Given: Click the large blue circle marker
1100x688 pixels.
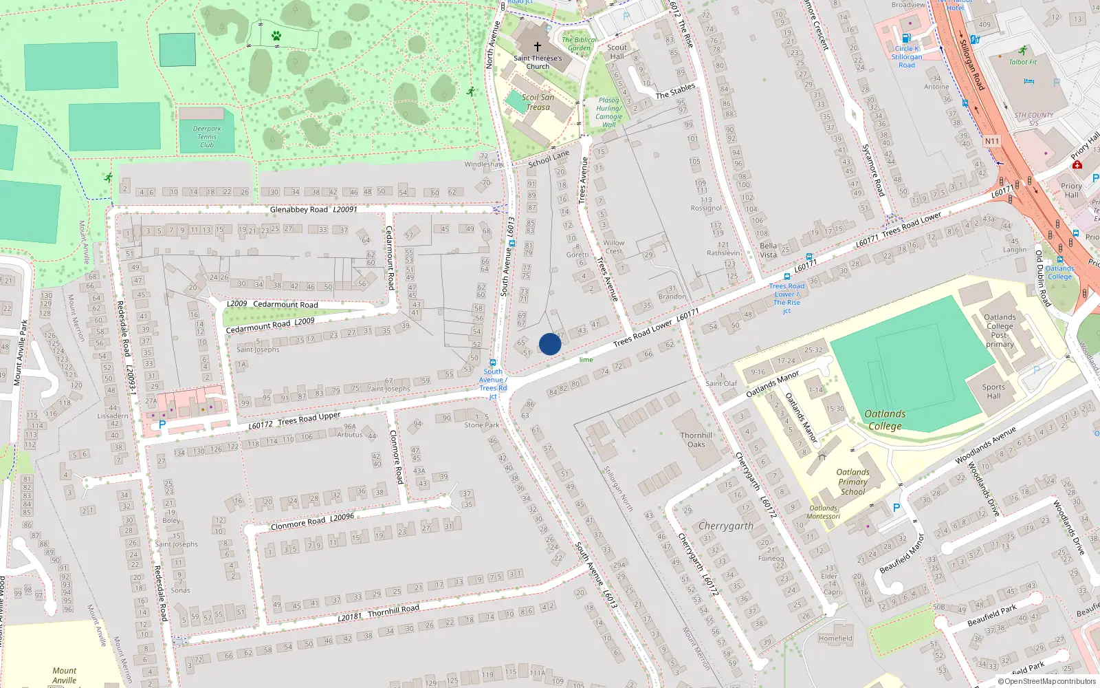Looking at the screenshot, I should (550, 344).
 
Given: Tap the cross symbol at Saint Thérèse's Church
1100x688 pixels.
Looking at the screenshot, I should (538, 47).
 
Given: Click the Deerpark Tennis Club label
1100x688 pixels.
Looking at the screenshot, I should (207, 137).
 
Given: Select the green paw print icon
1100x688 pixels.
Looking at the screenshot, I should (276, 36).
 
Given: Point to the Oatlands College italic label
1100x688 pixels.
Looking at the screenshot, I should (885, 420).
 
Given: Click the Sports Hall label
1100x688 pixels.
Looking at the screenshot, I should (993, 391).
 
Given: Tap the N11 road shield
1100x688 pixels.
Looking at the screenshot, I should (991, 142).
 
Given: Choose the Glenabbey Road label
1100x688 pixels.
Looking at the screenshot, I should (298, 209).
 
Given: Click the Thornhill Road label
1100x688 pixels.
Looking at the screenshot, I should (393, 610).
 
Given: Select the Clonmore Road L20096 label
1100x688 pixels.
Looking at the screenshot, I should (313, 522).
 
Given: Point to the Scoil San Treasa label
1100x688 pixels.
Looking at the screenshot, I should (538, 102).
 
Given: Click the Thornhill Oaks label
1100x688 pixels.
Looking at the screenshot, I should (696, 440).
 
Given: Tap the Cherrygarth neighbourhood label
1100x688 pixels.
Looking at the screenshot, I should (726, 526).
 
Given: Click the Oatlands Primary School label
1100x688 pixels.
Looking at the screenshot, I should (852, 482).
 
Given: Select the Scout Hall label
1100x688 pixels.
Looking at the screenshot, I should (617, 52).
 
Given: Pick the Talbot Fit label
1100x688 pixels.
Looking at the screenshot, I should (1023, 62).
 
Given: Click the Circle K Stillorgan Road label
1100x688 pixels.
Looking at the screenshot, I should (907, 56).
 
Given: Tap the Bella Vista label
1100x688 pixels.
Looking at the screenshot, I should (769, 250).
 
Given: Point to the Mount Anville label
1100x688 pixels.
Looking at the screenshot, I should (65, 675).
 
